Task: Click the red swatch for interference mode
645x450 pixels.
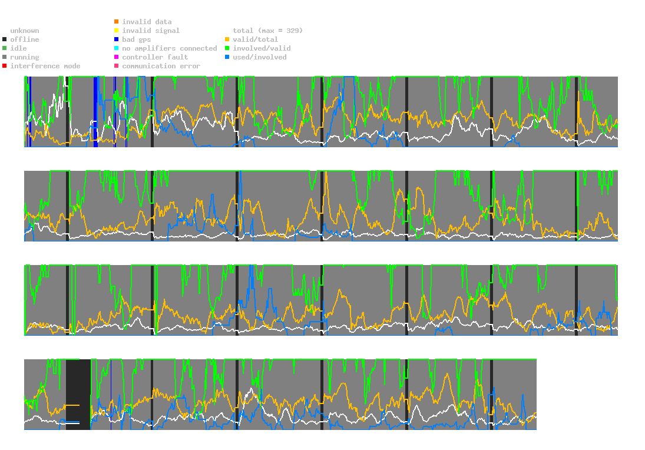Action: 5,66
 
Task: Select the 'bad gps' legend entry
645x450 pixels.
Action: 136,39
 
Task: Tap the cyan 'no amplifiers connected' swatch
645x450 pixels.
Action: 116,48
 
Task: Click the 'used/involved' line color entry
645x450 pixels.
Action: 260,57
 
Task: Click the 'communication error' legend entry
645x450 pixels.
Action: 161,66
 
